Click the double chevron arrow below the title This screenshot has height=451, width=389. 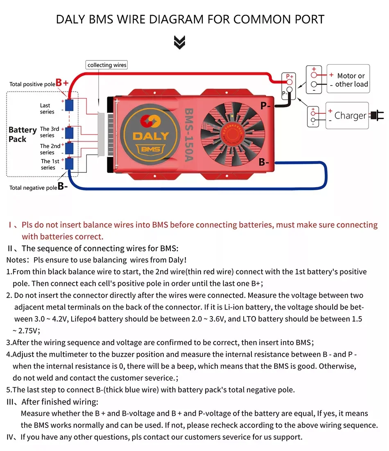(x=179, y=42)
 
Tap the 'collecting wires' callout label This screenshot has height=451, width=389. (x=107, y=65)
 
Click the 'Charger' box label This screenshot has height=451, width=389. (x=350, y=116)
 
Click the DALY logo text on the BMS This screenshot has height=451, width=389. (x=150, y=136)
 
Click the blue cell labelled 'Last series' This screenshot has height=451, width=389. (x=70, y=105)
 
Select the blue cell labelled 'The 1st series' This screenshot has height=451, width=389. (x=70, y=164)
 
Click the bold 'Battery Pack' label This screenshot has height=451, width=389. (x=23, y=135)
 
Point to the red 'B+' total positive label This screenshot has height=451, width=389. (x=62, y=83)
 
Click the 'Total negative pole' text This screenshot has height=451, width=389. (x=33, y=188)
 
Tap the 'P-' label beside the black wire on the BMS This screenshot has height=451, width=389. (x=265, y=106)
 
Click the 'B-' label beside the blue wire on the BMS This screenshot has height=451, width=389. (x=264, y=162)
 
